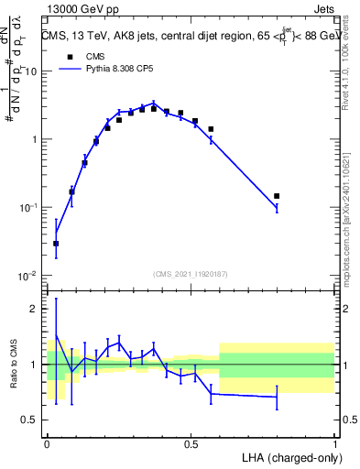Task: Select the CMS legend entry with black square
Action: [82, 57]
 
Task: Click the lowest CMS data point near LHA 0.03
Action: [56, 244]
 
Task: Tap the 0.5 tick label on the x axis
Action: [191, 443]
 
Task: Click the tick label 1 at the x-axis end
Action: [334, 443]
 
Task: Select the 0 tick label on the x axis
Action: [48, 443]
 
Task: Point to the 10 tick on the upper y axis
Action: [32, 71]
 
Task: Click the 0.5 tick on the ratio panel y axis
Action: [32, 420]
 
